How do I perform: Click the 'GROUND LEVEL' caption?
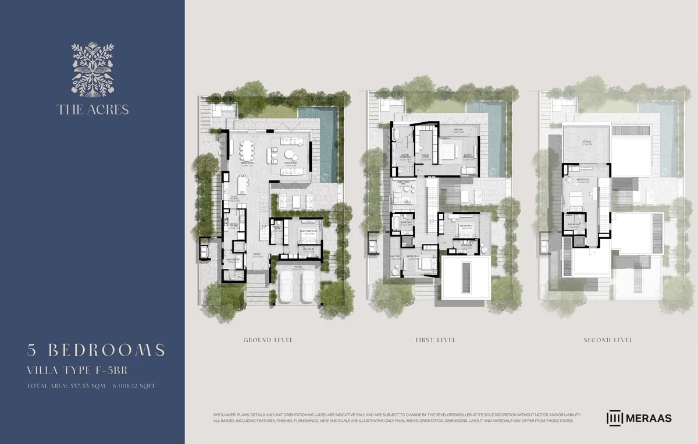[x=268, y=340]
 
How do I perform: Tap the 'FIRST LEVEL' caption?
[x=435, y=340]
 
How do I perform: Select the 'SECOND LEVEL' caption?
[x=608, y=340]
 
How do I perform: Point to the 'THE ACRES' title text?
[x=92, y=109]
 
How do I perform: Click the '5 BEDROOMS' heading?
[x=96, y=350]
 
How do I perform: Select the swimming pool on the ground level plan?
[x=327, y=143]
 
